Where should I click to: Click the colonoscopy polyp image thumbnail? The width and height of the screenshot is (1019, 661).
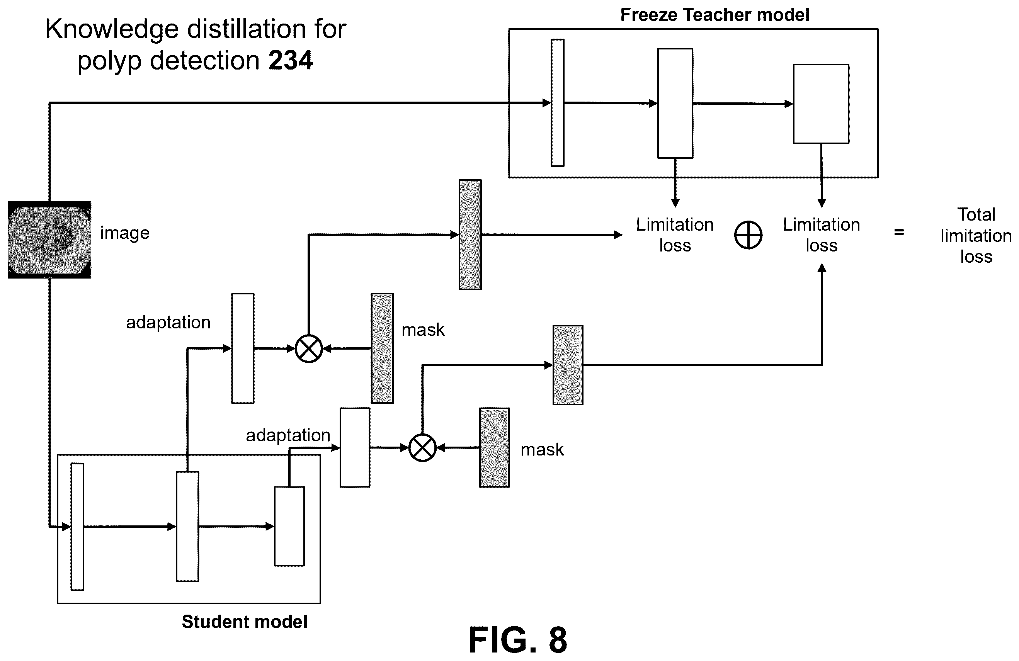49,240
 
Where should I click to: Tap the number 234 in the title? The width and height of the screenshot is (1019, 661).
291,60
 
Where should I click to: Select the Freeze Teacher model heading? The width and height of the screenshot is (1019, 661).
714,15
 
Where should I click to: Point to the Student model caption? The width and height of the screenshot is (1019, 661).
245,622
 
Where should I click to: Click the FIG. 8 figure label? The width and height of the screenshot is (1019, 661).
518,640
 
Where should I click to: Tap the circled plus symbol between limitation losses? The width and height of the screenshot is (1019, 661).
748,235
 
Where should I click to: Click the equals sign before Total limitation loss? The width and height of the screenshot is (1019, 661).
899,233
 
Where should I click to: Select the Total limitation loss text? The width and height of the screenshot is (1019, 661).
976,235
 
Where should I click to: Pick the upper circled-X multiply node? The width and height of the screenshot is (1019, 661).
309,348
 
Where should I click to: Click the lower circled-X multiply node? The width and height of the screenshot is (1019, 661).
423,448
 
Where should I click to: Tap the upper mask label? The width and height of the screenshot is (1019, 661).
423,330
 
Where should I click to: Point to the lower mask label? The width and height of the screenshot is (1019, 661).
542,450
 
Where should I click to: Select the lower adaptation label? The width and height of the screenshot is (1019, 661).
288,436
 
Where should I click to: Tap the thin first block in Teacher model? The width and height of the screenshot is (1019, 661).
558,103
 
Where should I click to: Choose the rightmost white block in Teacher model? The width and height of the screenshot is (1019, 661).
821,104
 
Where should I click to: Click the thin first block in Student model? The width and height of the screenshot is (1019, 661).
77,527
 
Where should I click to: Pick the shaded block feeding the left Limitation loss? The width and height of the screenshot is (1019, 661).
470,234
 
